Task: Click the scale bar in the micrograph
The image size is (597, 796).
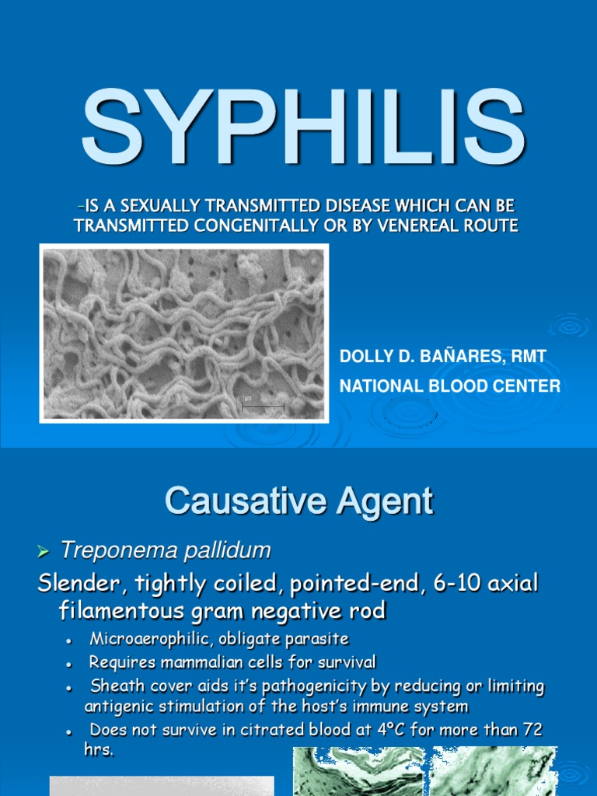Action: (x=263, y=405)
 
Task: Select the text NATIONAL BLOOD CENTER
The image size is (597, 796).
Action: (x=450, y=386)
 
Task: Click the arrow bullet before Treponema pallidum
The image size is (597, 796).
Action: (x=44, y=552)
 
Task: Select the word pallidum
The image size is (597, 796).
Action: (x=232, y=551)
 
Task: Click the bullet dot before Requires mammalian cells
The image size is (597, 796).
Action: (x=70, y=664)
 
